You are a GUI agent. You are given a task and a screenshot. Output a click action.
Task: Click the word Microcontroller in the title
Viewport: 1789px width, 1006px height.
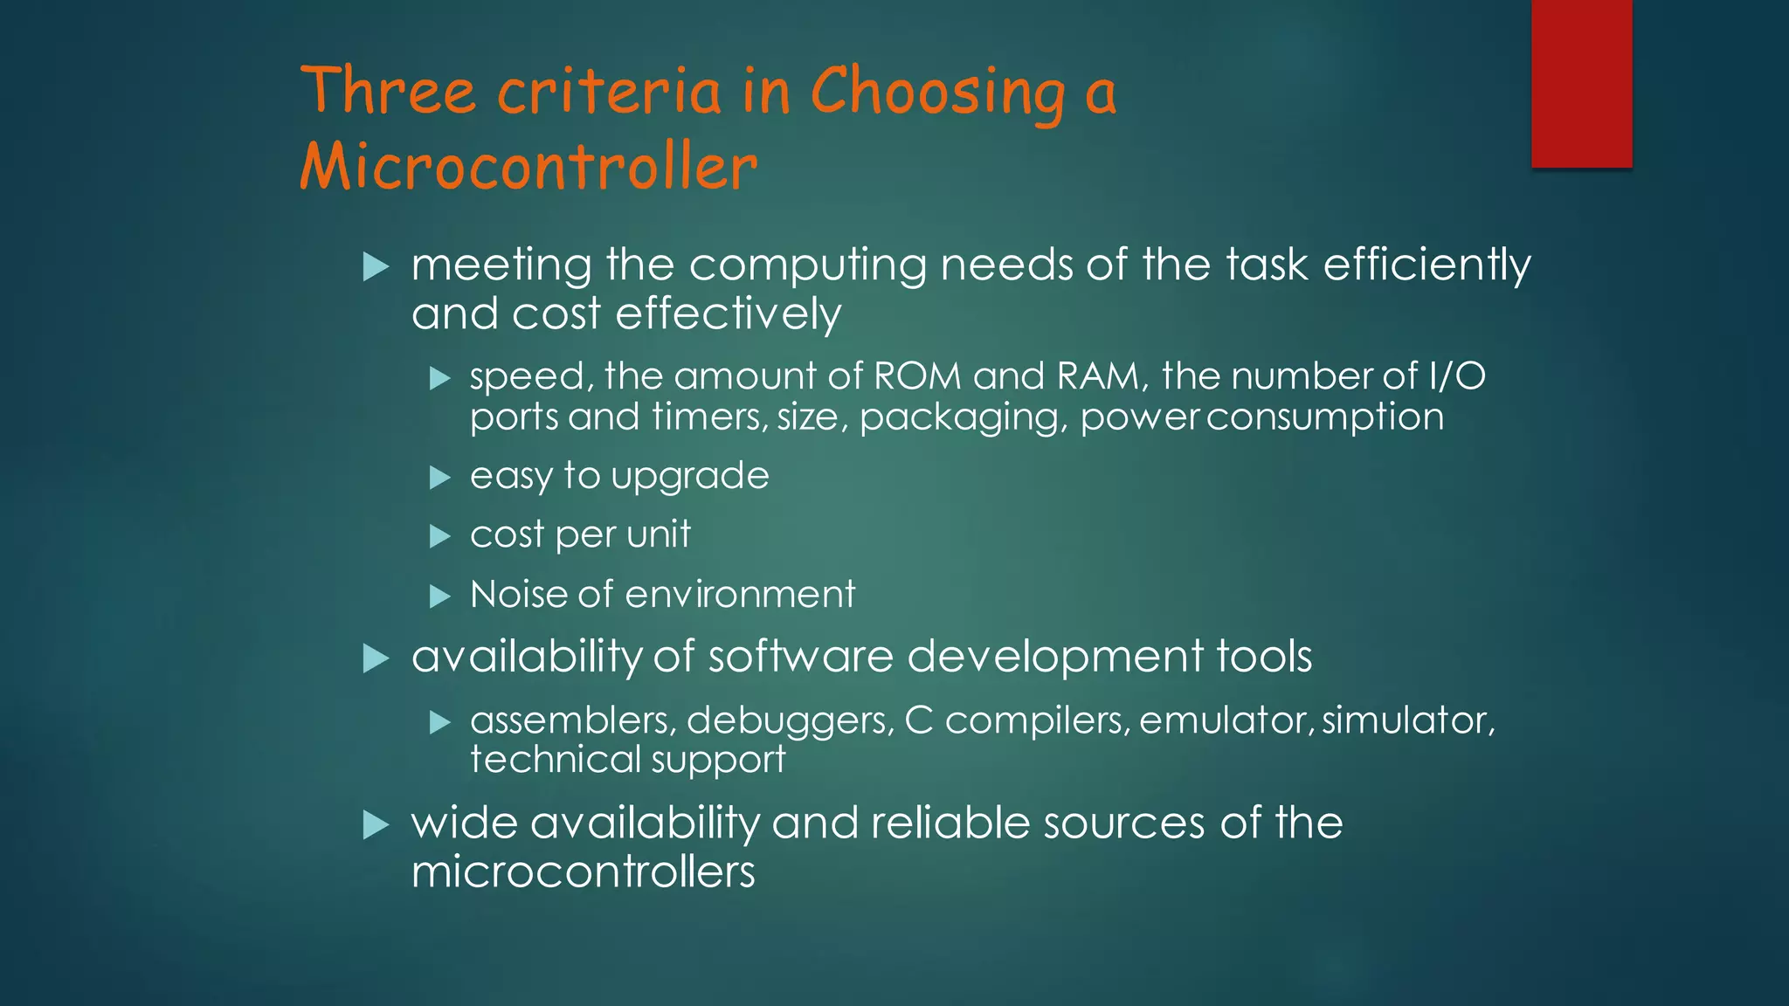tap(528, 166)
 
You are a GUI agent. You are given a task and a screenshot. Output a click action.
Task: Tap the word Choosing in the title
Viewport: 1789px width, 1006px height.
tap(937, 93)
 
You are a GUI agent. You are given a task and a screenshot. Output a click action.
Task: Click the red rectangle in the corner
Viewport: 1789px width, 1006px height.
tap(1581, 83)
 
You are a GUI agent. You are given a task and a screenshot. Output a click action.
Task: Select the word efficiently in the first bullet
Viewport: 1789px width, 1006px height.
tap(1426, 265)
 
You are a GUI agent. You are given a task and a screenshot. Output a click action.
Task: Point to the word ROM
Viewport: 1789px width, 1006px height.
tap(917, 376)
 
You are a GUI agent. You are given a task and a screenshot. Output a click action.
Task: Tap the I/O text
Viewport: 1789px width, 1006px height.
tap(1457, 376)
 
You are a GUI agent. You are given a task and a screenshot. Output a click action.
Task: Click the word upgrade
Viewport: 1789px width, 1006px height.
tap(690, 477)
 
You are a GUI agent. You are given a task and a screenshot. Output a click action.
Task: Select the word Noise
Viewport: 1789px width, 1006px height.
tap(518, 595)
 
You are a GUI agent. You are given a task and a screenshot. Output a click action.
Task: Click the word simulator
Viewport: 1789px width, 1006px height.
tap(1408, 720)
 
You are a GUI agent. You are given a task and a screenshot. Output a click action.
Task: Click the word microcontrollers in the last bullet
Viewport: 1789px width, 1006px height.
tap(583, 872)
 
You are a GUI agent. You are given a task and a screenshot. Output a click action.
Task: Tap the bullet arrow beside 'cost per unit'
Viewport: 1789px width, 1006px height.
tap(439, 536)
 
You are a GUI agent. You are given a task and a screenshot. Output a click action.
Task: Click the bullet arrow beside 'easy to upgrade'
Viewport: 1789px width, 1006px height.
tap(439, 478)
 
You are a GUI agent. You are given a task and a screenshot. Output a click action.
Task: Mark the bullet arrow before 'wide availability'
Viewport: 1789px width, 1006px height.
tap(375, 823)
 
